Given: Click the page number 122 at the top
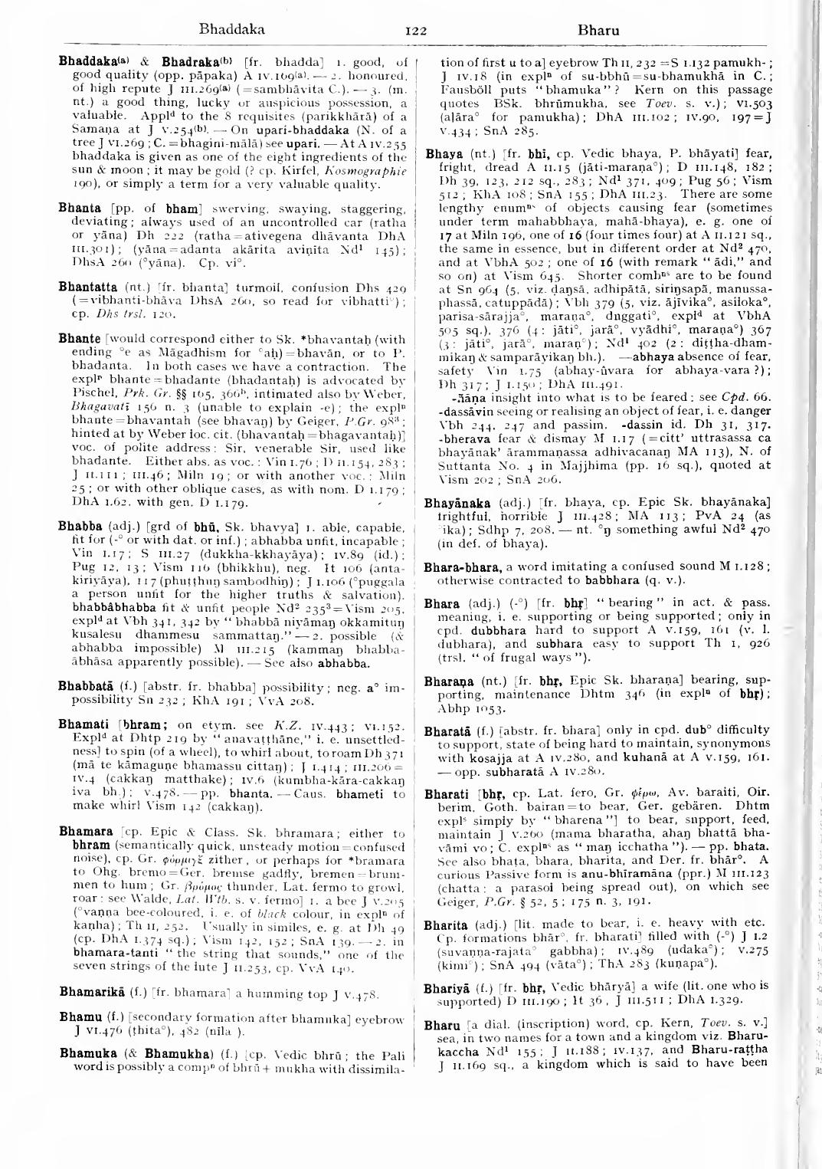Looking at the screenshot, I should coord(415,31).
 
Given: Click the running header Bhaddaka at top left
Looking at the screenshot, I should coord(231,31).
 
